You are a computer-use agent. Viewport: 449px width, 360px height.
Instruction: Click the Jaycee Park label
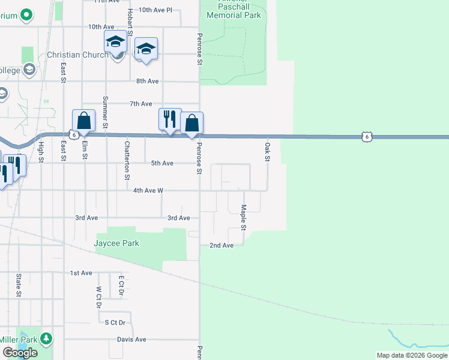tap(116, 243)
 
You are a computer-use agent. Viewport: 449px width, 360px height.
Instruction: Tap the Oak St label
tap(267, 151)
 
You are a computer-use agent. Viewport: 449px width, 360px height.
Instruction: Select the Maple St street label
tap(244, 218)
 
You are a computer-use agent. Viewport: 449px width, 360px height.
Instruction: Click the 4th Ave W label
tap(148, 190)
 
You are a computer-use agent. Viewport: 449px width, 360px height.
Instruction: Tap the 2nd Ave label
tap(221, 245)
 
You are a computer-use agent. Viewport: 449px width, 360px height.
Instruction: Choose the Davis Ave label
tap(131, 339)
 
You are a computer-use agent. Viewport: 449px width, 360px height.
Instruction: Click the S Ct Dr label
tap(114, 322)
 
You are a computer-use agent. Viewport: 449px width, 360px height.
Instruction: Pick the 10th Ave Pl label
tap(155, 10)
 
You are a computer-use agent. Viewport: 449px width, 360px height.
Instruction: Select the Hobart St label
tap(130, 22)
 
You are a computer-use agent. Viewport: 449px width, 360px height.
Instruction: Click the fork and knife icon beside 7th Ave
tap(170, 119)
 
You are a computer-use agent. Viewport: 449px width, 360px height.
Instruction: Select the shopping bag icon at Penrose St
tap(191, 123)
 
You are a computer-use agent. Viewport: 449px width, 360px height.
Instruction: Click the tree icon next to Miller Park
tap(44, 338)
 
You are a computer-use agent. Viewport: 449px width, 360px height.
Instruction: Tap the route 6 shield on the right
tap(366, 137)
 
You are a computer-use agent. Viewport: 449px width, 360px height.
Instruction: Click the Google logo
tap(19, 353)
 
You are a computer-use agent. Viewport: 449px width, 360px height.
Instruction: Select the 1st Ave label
tap(81, 273)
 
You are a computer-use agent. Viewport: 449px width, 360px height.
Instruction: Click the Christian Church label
tap(78, 55)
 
